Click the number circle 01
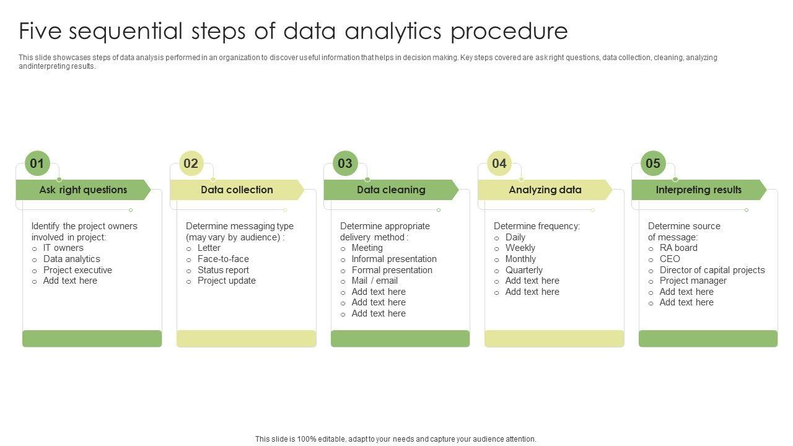(x=37, y=164)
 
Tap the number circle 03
(x=345, y=164)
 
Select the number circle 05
(x=653, y=164)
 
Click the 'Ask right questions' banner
(x=83, y=190)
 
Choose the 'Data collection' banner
(x=237, y=190)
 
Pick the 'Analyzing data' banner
(x=545, y=190)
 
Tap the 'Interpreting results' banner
(x=698, y=190)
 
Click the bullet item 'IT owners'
(x=63, y=248)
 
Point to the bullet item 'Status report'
(x=223, y=270)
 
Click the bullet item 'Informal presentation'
(x=394, y=259)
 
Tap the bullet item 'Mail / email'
(x=374, y=281)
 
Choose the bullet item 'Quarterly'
(x=524, y=270)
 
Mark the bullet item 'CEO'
(x=670, y=259)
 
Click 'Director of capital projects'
(x=712, y=270)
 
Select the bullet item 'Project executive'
(x=77, y=270)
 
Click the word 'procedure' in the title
(x=509, y=31)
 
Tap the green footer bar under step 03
(x=400, y=339)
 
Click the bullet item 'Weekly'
(x=520, y=248)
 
